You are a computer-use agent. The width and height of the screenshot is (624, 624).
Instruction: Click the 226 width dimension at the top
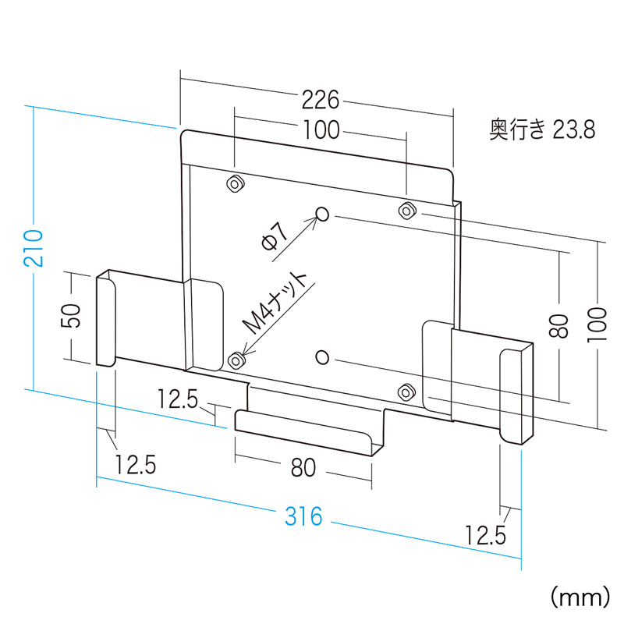pyautogui.click(x=321, y=101)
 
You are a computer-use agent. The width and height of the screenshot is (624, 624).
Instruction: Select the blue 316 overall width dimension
pyautogui.click(x=303, y=516)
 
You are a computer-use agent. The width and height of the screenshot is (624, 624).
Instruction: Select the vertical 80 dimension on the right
pyautogui.click(x=558, y=324)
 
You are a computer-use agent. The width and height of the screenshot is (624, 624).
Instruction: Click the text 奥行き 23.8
pyautogui.click(x=542, y=129)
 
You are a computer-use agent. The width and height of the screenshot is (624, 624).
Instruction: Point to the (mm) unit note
pyautogui.click(x=578, y=597)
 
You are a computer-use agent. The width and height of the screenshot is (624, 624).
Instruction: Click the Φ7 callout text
pyautogui.click(x=275, y=236)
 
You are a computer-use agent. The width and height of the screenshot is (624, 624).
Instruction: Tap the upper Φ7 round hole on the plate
pyautogui.click(x=324, y=214)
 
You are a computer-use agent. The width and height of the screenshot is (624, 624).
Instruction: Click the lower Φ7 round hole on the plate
pyautogui.click(x=323, y=356)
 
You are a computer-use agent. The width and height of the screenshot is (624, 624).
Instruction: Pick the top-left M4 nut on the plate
pyautogui.click(x=234, y=184)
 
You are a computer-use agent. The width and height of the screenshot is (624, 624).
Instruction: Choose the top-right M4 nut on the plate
pyautogui.click(x=406, y=210)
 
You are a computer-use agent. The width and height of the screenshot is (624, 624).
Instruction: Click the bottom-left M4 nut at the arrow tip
pyautogui.click(x=236, y=360)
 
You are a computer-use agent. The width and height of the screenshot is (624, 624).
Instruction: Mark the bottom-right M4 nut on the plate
pyautogui.click(x=405, y=391)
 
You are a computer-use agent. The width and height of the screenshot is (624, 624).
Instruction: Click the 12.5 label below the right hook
pyautogui.click(x=486, y=535)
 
